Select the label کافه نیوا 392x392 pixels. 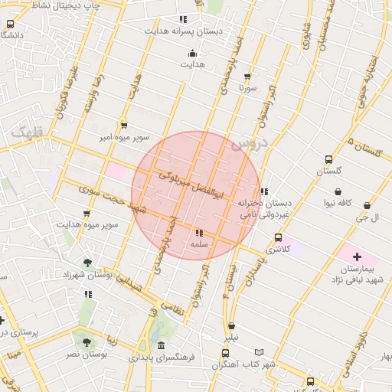pos(337,203)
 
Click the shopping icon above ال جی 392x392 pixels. pos(368,205)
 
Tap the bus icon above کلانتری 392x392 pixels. pos(288,237)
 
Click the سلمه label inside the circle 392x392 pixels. pos(199,244)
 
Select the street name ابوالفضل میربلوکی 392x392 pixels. pos(191,187)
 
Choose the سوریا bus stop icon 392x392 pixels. pos(247,77)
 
